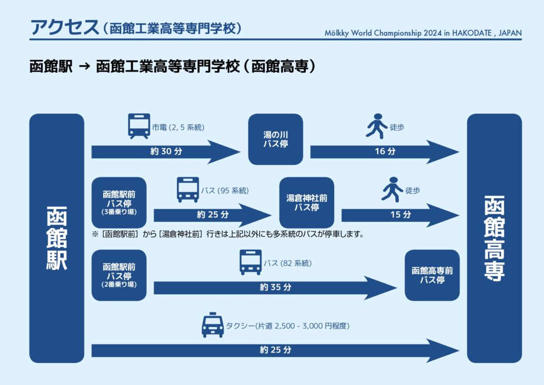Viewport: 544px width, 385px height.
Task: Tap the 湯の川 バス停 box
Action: (275, 139)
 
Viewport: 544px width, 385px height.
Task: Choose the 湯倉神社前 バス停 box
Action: (307, 202)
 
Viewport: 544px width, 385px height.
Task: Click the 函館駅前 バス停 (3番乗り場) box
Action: (118, 202)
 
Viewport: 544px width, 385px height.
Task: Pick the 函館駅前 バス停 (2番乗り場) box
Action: (118, 275)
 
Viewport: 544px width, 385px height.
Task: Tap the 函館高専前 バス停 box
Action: (432, 275)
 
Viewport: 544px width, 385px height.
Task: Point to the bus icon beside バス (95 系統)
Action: (188, 190)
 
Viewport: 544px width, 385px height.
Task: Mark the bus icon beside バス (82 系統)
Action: (250, 262)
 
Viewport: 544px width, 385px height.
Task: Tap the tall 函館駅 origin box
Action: (57, 238)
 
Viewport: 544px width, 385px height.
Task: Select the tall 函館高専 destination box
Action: (494, 238)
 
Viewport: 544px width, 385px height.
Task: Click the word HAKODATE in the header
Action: (470, 33)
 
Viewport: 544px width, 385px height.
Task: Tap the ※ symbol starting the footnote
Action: (95, 234)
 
